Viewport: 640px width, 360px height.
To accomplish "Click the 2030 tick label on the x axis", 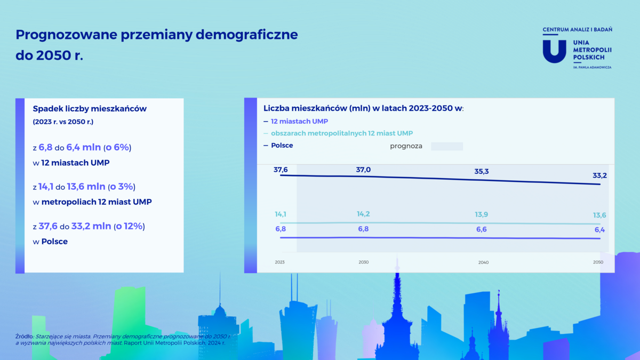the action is (363, 262).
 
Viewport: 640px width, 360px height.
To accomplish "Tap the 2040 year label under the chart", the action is (483, 262).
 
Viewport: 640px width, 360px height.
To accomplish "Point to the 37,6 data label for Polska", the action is (281, 170).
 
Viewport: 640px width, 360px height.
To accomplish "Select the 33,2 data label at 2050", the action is (599, 175).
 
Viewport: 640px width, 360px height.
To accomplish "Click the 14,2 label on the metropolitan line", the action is (363, 214).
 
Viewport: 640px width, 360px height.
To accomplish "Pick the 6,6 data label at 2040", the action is (482, 229).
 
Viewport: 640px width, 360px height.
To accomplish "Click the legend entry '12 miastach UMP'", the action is (299, 122).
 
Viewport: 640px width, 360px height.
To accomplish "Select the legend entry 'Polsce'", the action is (282, 146).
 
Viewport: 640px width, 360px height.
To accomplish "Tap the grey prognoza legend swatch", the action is (447, 146).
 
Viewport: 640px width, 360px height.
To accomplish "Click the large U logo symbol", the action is (554, 51).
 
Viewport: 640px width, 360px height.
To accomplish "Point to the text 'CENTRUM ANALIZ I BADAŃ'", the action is (578, 29).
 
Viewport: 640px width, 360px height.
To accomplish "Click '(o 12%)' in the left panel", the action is (129, 226).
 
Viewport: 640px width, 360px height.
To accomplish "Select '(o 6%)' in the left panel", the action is (117, 147).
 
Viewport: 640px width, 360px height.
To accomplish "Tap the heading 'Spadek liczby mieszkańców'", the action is (90, 109).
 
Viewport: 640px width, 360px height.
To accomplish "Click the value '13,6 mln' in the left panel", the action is (86, 187).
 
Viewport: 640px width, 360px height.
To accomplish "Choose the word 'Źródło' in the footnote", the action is (24, 337).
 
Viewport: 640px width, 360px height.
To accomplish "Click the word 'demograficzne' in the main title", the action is (246, 35).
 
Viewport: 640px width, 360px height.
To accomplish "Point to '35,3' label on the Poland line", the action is (482, 171).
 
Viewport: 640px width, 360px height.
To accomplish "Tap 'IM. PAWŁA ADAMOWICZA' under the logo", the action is (592, 67).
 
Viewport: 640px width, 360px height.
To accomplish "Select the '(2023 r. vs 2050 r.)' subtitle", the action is (63, 122).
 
